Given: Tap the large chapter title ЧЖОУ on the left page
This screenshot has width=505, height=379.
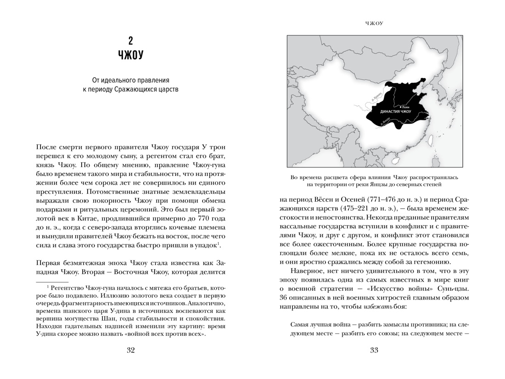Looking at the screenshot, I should coord(130,56).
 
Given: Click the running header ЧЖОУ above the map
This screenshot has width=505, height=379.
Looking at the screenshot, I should coord(374,23).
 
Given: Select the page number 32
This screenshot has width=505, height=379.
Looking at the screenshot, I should coord(130,351).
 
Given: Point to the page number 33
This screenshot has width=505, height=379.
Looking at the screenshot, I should coord(374,351).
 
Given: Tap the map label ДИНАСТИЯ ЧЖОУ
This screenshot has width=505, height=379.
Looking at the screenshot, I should coord(396,112).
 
